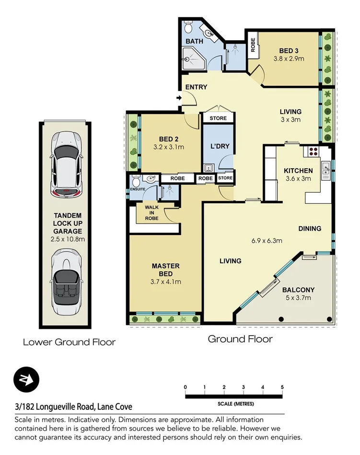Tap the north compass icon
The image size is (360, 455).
(x=26, y=379)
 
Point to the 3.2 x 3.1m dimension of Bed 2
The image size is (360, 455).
(x=169, y=147)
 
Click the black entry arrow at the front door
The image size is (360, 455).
(x=179, y=98)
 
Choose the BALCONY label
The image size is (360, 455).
(x=298, y=290)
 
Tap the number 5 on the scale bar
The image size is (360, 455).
(x=283, y=387)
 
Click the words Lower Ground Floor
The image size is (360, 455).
(x=70, y=342)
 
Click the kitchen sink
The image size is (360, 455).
(x=325, y=167)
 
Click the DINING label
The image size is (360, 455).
(x=309, y=228)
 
